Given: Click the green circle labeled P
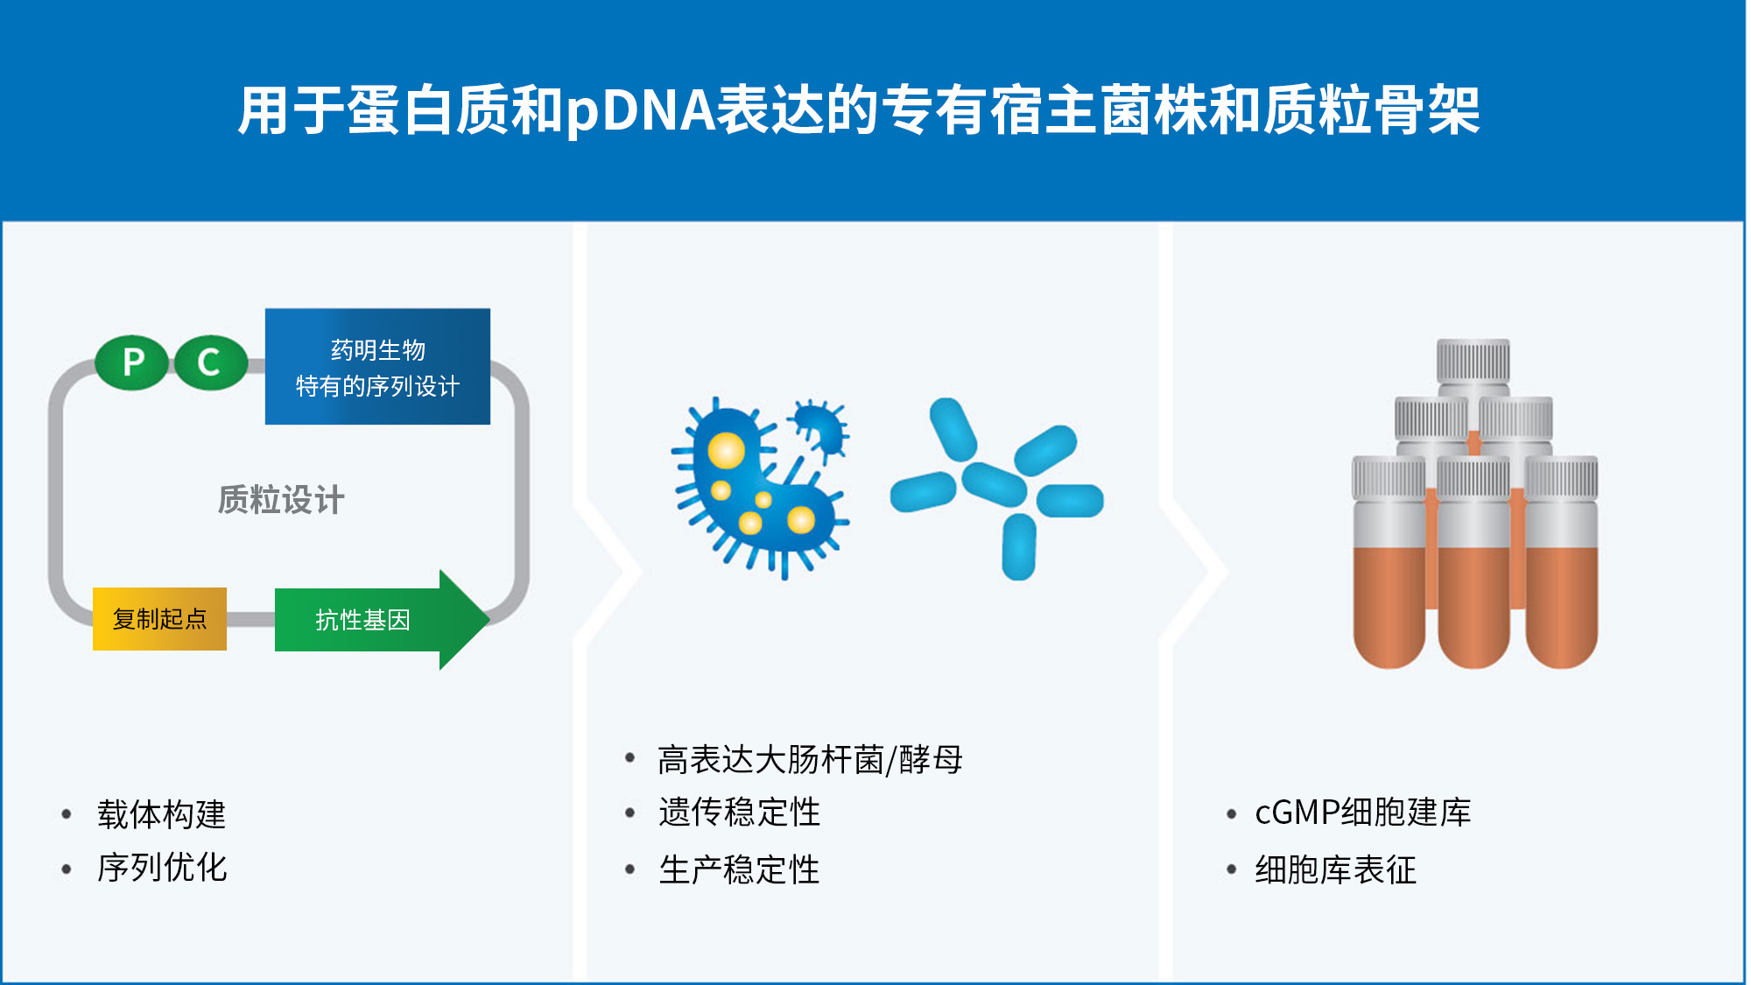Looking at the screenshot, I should coord(132,362).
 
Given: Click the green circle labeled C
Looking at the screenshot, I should coord(210,362).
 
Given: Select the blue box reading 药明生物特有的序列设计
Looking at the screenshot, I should coord(377,367).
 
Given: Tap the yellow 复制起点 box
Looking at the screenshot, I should coord(159,619).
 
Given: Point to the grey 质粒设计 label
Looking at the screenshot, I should coord(281,500).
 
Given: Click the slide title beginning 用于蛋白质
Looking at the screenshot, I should coord(858,111).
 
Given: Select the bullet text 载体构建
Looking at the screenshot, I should coord(162,814).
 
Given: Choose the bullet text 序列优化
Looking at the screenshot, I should coord(162,868).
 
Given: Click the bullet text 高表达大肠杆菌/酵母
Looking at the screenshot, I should coord(810,759).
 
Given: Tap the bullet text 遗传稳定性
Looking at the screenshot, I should coord(739,813).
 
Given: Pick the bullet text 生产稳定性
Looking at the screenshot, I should coord(739,869).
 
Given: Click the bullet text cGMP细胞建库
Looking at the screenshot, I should coord(1362,813).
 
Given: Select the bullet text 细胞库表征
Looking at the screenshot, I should coord(1335,869).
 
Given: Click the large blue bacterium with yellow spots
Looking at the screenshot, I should coord(753,490).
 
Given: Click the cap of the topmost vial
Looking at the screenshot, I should coord(1473,360).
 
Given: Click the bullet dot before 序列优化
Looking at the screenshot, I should coord(67,869).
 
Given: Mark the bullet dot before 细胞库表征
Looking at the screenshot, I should coord(1231,869).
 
